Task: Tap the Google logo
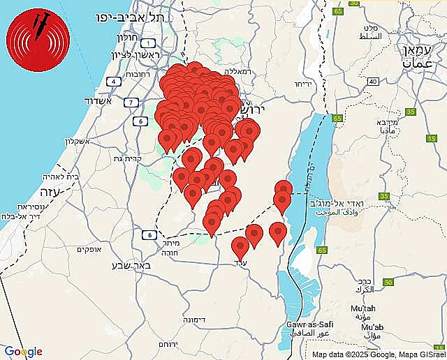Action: tap(23, 352)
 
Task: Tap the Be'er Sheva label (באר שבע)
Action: tap(129, 264)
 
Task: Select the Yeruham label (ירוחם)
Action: tap(168, 345)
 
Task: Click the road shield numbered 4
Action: tap(112, 82)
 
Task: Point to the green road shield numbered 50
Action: tap(388, 282)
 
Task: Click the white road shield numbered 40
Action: tap(374, 82)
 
